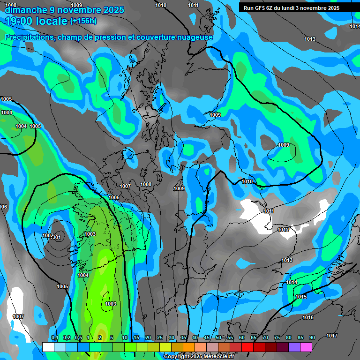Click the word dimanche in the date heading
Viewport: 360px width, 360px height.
[x=23, y=9]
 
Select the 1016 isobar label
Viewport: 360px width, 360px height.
[x=308, y=318]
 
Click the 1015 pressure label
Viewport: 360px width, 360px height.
[x=301, y=297]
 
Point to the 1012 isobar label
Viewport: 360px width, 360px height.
[x=283, y=230]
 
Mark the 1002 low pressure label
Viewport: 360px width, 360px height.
[x=47, y=235]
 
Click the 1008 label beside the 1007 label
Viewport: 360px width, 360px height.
[x=146, y=185]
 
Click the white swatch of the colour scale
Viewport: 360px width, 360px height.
[x=48, y=347]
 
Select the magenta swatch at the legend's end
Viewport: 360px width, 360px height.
[x=306, y=347]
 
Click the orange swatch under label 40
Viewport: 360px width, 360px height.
[x=189, y=347]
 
